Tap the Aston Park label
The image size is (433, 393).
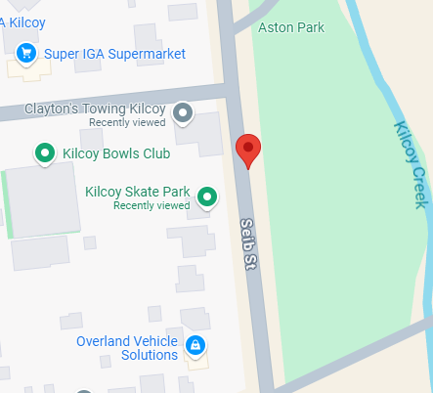[290, 28]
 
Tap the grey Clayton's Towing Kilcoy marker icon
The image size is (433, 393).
[183, 114]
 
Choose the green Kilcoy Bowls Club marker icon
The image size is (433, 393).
[44, 153]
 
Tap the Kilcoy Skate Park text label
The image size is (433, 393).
[138, 193]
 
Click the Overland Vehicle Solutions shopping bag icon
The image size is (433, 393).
[195, 345]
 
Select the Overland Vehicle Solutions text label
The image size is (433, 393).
[127, 348]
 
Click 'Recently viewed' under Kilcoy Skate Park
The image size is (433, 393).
[152, 206]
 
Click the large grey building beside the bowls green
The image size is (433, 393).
[43, 200]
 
